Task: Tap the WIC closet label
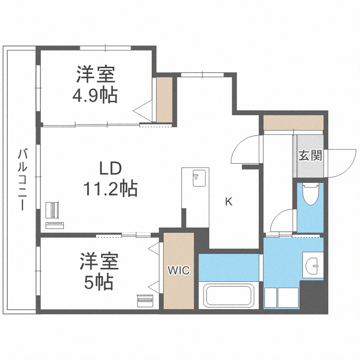(179, 271)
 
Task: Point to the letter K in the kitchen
(229, 202)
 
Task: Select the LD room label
(111, 168)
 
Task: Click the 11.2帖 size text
(110, 189)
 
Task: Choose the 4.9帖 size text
(95, 96)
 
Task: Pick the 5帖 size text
(99, 282)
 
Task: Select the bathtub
(229, 296)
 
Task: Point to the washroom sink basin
(313, 265)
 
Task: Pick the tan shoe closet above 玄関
(293, 122)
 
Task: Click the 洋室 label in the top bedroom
(95, 76)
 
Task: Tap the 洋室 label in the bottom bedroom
(99, 262)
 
